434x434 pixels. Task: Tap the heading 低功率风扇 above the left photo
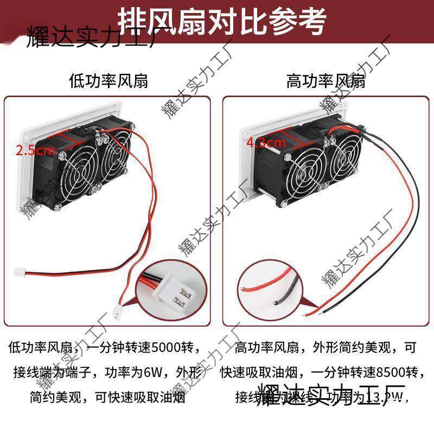[108, 81]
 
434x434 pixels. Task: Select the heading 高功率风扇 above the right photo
[325, 81]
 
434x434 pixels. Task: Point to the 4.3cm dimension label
[266, 143]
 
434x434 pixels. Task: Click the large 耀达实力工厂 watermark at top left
[87, 44]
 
